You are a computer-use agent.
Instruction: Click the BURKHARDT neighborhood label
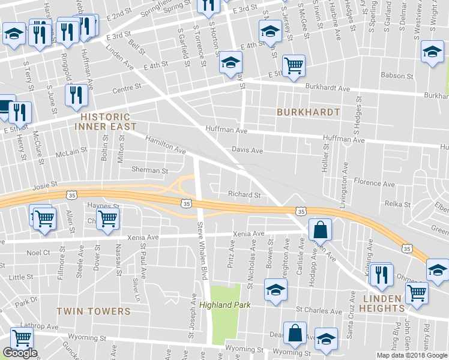point(308,112)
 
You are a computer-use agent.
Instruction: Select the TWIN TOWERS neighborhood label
point(93,311)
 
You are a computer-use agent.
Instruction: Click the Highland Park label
point(224,305)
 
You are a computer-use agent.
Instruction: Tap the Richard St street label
point(244,194)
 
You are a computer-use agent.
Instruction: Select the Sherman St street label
point(149,170)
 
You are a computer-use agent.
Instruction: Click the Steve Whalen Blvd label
point(202,251)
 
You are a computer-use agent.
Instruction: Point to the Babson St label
point(397,76)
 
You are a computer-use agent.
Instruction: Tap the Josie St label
point(44,185)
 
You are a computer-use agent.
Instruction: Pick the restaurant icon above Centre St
point(76,95)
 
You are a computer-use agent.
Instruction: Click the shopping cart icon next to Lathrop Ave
point(22,337)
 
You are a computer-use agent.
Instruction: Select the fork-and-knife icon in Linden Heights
point(381,274)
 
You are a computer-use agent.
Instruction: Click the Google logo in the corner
point(20,353)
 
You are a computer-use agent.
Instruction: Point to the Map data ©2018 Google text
point(412,355)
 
